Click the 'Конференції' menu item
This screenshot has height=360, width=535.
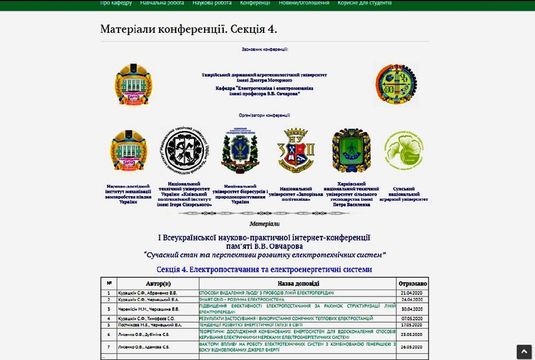pos(255,3)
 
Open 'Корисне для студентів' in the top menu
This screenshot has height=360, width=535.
pos(364,3)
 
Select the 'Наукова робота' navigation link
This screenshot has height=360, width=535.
pos(212,3)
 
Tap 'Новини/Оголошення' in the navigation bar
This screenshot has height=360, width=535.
pos(304,3)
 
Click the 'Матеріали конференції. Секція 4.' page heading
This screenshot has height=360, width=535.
pos(188,29)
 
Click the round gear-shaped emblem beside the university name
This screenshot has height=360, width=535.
pos(396,84)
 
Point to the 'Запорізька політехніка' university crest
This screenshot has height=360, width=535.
pos(296,150)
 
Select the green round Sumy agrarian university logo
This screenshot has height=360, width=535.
pos(404,150)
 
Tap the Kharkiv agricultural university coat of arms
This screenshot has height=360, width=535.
pos(351,150)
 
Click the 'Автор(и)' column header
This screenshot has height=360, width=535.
pos(158,283)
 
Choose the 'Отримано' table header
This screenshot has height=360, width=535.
pos(413,283)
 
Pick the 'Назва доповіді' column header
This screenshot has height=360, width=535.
pos(298,283)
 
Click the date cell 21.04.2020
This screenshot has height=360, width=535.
pos(413,293)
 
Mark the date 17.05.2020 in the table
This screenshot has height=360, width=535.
pos(413,325)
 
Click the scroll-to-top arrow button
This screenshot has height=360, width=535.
pos(524,351)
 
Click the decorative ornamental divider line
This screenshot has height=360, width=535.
pos(264,213)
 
